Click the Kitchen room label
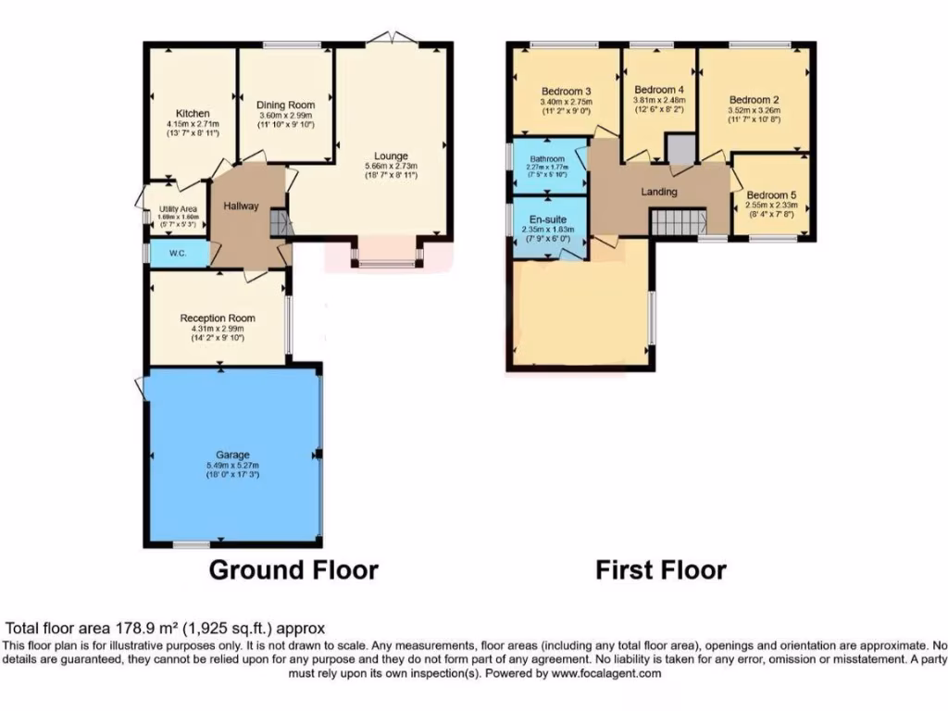coord(193,114)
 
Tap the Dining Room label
coord(285,106)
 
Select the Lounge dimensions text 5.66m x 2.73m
coord(391,167)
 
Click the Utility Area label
coord(178,209)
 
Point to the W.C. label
coord(179,252)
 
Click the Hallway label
coord(241,206)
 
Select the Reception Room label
coord(218,318)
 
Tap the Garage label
coord(232,455)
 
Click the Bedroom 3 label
coord(567,91)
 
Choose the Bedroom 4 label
coord(658,90)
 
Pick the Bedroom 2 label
coord(754,100)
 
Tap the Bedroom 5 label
coord(771,195)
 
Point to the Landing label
coord(659,192)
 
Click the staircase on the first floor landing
coord(679,222)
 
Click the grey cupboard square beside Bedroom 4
coord(680,149)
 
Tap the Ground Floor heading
coord(293,569)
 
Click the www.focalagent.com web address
coord(605,674)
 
